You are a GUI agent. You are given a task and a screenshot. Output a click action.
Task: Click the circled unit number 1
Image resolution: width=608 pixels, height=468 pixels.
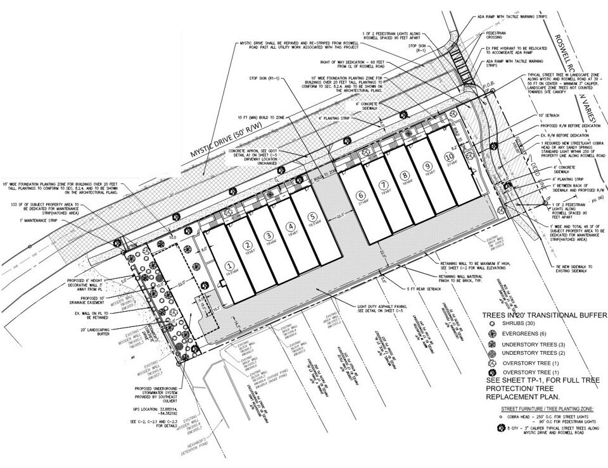click(227, 266)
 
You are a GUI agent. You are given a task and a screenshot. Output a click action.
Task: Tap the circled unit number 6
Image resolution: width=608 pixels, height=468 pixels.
click(360, 196)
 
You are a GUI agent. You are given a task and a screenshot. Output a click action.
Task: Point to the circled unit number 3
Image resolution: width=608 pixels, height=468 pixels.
click(268, 235)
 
